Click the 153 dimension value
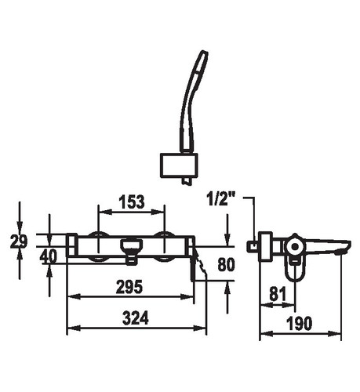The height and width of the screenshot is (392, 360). (132, 201)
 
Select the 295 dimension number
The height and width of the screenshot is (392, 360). (129, 287)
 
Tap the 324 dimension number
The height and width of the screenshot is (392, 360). (136, 318)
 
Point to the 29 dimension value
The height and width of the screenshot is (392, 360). (19, 241)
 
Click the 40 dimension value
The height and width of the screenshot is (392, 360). (48, 256)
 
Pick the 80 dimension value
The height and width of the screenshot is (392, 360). (226, 265)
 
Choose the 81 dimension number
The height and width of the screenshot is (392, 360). (278, 294)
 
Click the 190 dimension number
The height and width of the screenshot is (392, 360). (300, 323)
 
